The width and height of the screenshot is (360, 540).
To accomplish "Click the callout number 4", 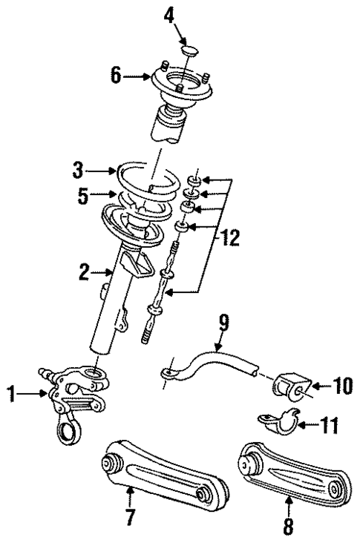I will (169, 14).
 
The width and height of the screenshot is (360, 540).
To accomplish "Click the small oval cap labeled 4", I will (188, 50).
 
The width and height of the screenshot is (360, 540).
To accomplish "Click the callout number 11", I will (330, 426).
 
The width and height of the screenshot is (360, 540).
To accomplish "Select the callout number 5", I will (85, 197).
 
